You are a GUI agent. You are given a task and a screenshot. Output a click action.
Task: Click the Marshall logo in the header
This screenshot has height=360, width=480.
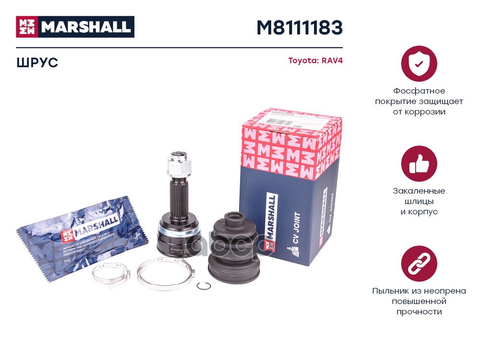click(x=75, y=27)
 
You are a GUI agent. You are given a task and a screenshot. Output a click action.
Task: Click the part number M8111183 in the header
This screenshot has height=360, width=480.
click(x=299, y=28)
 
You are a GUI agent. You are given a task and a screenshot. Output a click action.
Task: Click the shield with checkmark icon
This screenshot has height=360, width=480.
click(x=419, y=63)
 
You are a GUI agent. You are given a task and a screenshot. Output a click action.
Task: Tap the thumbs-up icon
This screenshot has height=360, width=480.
click(x=419, y=164)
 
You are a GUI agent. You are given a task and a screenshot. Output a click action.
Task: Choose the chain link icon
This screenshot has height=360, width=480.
click(x=419, y=264)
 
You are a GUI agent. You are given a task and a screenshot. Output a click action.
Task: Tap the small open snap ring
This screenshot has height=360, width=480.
click(x=203, y=287)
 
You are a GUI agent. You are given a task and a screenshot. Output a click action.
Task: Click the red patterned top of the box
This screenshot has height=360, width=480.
click(x=290, y=139)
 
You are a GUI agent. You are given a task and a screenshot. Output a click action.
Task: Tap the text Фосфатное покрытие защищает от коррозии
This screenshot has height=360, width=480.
click(x=419, y=101)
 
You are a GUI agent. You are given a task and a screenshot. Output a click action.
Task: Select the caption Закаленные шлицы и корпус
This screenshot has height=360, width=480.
click(x=419, y=201)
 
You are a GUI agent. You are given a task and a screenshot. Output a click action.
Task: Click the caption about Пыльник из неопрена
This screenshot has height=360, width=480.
click(x=419, y=301)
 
